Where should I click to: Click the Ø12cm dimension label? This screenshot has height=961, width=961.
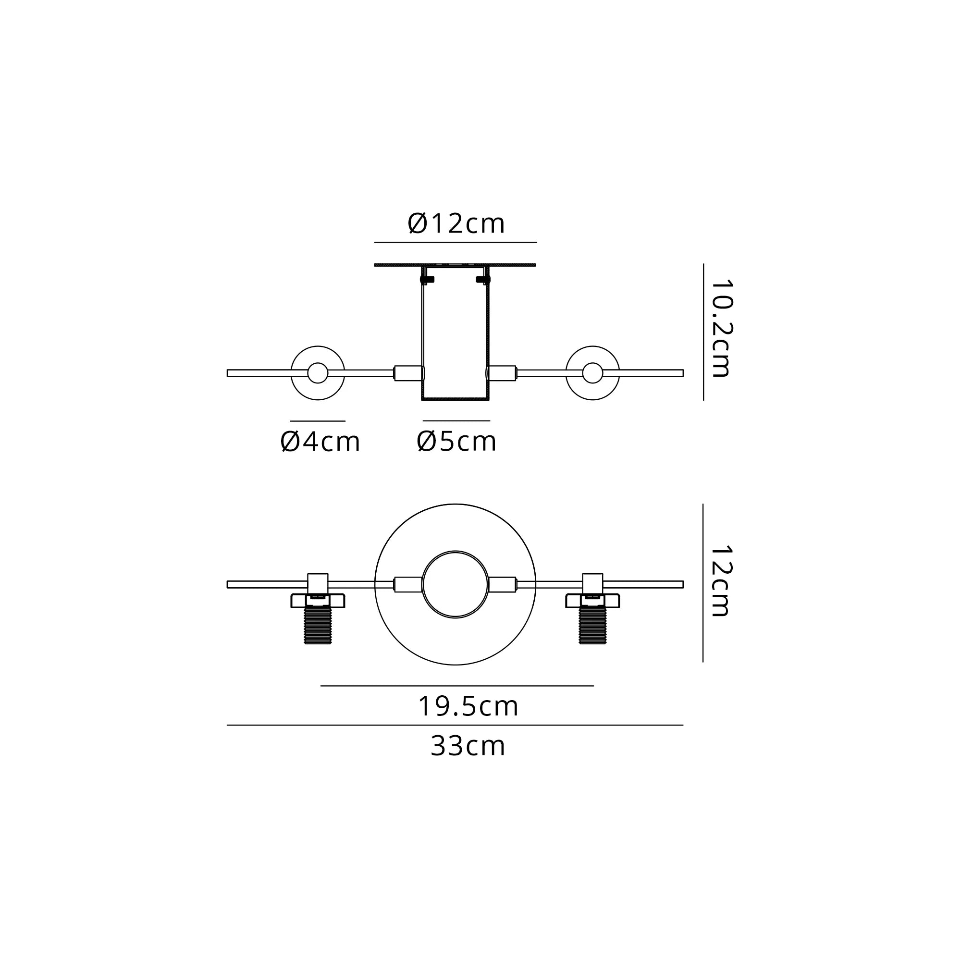(456, 224)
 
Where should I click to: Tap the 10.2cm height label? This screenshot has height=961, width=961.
(721, 328)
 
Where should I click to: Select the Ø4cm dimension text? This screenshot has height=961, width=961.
(320, 442)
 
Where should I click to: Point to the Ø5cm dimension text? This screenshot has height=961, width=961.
(456, 442)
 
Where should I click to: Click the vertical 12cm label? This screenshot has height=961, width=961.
(721, 581)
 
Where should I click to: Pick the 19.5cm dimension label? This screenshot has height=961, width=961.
(468, 706)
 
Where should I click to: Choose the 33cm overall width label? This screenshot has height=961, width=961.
(468, 746)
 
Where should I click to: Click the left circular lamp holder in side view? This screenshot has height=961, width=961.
(318, 373)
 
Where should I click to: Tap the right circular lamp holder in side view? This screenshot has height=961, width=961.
(592, 373)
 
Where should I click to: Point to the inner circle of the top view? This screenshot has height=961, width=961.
(455, 584)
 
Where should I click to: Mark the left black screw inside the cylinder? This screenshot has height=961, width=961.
(427, 280)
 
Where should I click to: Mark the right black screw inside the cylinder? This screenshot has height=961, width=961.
(483, 280)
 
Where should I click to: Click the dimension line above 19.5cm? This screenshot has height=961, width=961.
(456, 686)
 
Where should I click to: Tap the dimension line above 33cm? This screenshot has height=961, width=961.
(455, 725)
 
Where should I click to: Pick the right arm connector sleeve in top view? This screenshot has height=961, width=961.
(503, 584)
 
